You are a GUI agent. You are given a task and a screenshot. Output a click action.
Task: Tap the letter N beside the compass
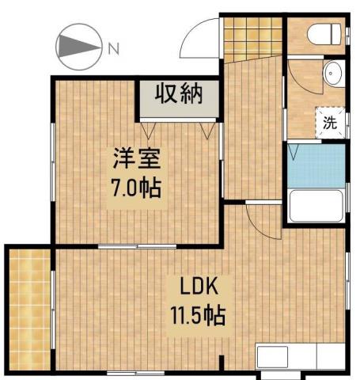click(113, 47)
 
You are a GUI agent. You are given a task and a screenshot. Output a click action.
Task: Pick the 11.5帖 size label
click(197, 316)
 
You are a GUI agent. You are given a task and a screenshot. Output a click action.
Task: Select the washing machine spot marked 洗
click(329, 123)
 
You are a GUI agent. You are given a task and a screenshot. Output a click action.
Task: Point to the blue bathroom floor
click(316, 165)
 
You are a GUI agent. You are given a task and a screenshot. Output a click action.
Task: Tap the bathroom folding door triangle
click(293, 150)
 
